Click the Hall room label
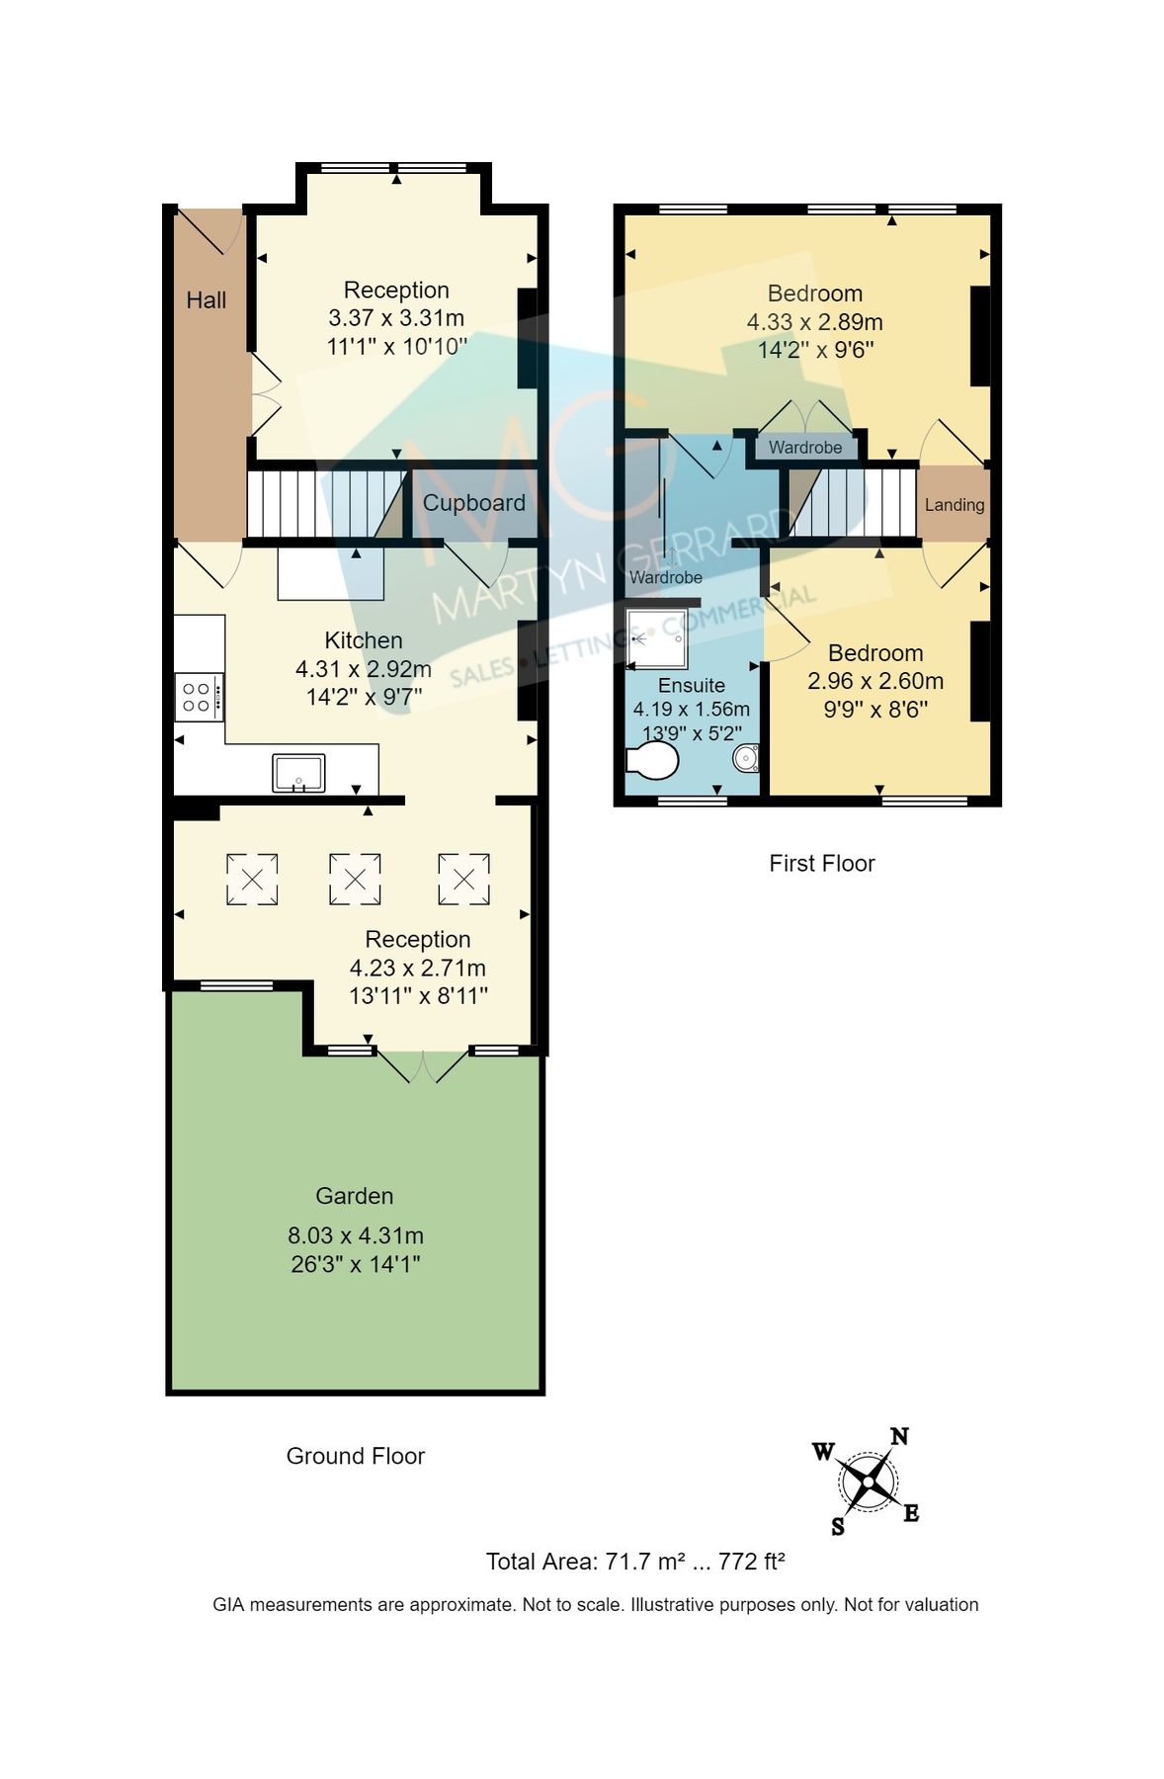pos(206,300)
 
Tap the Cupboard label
pos(473,503)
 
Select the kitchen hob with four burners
pos(198,697)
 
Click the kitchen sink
pos(298,773)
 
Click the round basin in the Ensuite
pos(745,759)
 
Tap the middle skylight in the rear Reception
pos(354,879)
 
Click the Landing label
pos(954,505)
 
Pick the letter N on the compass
pos(899,1436)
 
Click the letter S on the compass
pos(838,1527)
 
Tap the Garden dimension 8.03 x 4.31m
pos(355,1235)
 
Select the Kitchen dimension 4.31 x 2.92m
pos(363,669)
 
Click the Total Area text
pos(634,1562)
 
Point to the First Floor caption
pos(821,864)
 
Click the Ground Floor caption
pos(355,1456)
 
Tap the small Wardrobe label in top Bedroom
pos(805,448)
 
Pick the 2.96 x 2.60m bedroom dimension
pos(874,681)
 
